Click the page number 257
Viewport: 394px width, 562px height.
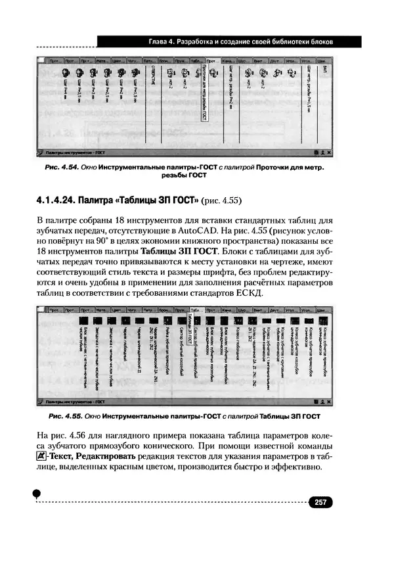pos(320,503)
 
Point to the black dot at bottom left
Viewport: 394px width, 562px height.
pos(37,493)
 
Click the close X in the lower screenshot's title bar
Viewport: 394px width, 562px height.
pos(329,400)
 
